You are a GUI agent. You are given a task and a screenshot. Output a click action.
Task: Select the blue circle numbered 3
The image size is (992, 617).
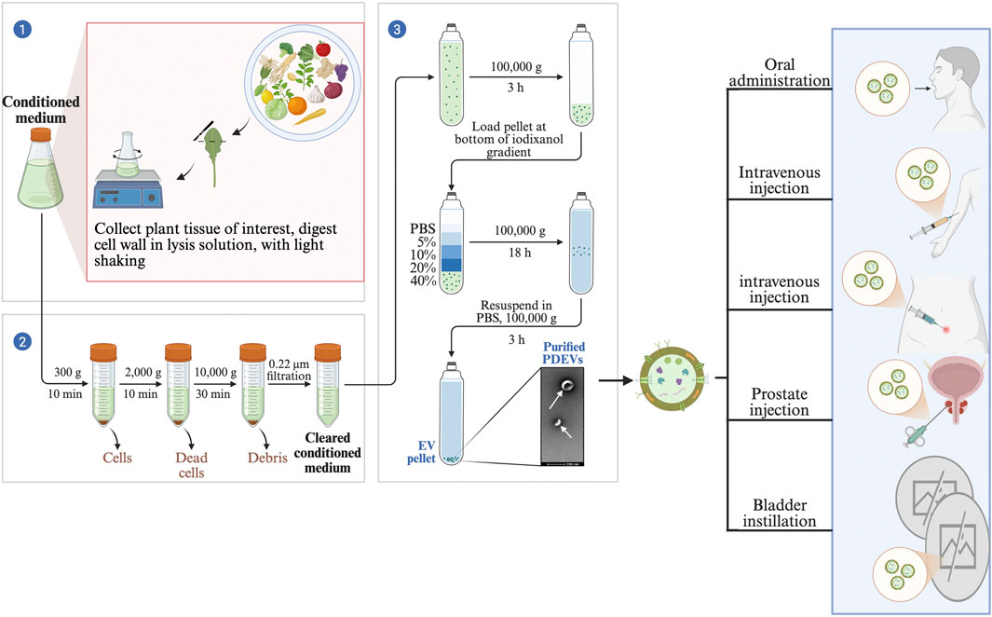pos(399,30)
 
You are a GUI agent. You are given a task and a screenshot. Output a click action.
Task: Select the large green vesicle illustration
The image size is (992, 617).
pos(663,383)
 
